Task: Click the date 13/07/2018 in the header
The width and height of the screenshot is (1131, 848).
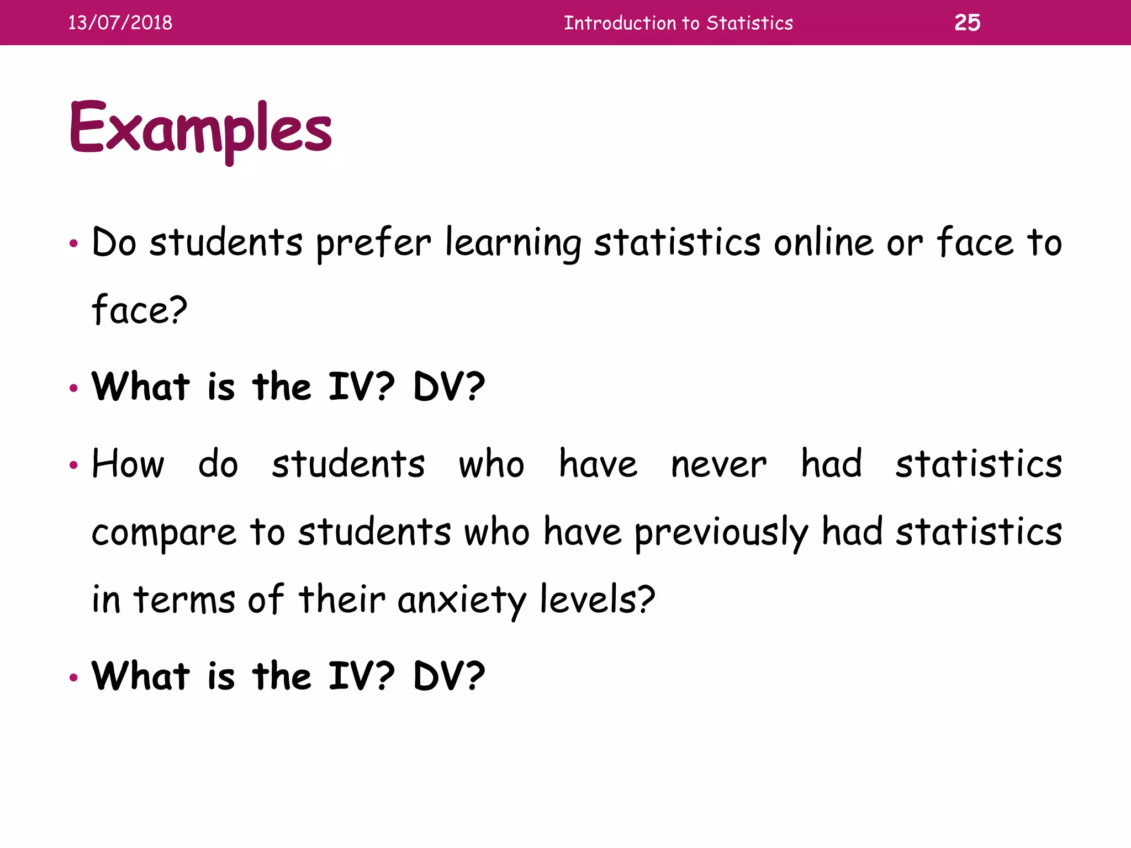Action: (120, 23)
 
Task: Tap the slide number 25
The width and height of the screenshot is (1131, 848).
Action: (967, 23)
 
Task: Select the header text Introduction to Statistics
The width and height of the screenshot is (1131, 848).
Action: (678, 23)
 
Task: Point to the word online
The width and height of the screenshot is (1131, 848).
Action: (824, 242)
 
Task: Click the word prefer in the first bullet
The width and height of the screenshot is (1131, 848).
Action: (373, 243)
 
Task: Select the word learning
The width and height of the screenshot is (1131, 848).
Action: (513, 243)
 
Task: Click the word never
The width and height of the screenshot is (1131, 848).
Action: (718, 464)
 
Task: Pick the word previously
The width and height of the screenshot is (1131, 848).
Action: (721, 533)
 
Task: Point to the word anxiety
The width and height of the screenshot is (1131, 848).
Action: (462, 601)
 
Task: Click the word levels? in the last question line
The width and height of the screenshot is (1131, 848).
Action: (597, 600)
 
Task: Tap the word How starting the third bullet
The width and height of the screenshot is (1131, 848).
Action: (128, 464)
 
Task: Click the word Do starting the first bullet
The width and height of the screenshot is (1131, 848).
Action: (114, 242)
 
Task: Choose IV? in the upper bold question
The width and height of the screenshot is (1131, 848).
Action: (362, 386)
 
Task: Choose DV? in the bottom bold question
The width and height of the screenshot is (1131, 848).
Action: (449, 676)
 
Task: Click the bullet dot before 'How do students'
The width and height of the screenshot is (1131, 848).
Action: (73, 465)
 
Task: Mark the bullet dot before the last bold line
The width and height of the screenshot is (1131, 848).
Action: (73, 677)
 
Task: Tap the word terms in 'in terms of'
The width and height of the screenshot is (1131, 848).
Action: (184, 600)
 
